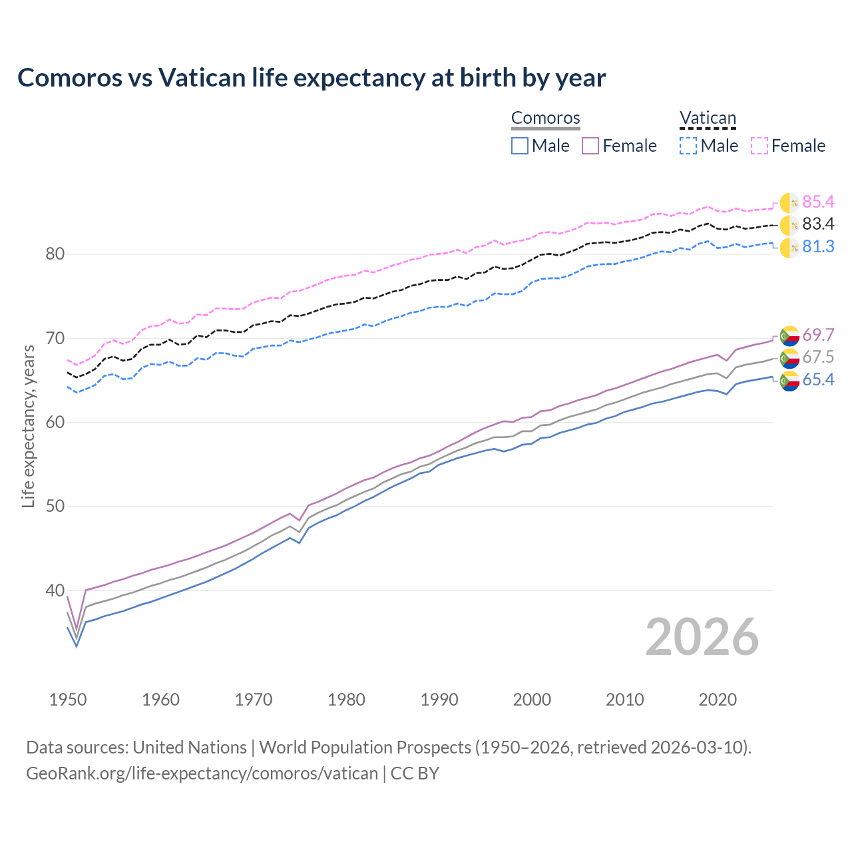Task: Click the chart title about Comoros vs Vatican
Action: [x=312, y=78]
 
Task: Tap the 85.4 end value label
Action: [x=818, y=202]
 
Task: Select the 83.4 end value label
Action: [x=818, y=224]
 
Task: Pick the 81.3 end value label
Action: [x=818, y=247]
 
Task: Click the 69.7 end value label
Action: [x=818, y=335]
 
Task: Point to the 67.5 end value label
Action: [x=818, y=357]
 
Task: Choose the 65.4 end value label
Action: [x=818, y=380]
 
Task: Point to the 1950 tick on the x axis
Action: [x=68, y=700]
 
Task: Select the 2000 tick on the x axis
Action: [x=532, y=700]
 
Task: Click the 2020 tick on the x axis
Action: [x=718, y=700]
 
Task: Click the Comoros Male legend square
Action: [x=520, y=146]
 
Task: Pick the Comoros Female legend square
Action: [x=590, y=146]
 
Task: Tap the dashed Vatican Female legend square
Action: [x=759, y=146]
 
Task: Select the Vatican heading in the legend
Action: [x=708, y=118]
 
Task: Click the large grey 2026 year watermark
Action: [x=702, y=637]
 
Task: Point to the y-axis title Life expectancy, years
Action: [x=29, y=426]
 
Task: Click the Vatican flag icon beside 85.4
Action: [x=789, y=203]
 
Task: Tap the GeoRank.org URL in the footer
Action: [x=202, y=773]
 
